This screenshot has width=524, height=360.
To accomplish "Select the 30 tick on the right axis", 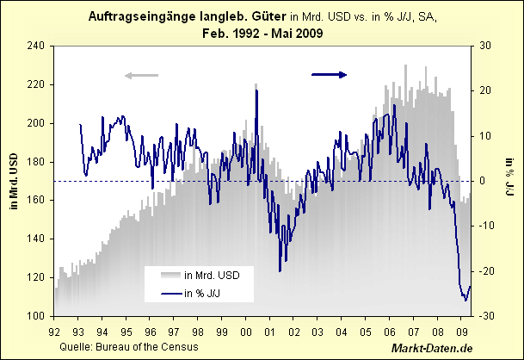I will tap(484, 46).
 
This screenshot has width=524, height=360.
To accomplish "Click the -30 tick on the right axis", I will tap(486, 316).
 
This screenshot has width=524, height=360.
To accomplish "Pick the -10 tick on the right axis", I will tap(486, 226).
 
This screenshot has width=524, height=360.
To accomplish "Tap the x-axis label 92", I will tap(54, 329).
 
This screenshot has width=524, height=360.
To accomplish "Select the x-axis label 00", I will tap(246, 329).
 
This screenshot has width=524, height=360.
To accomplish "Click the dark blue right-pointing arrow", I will tap(329, 75).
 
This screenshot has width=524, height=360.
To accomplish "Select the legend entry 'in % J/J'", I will tap(207, 294).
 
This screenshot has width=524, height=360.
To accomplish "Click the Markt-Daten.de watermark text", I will tap(433, 347).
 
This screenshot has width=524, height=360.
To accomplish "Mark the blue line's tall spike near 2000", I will tap(256, 90).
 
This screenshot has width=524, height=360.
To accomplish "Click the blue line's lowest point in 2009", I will tap(465, 301).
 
